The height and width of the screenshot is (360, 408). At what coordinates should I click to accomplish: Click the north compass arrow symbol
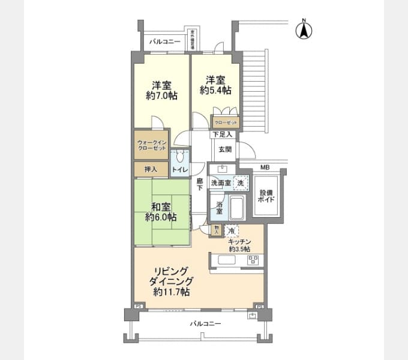click(304, 29)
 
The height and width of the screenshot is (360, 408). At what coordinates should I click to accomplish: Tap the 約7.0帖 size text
click(161, 95)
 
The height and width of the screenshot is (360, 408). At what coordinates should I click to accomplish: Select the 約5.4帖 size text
click(215, 91)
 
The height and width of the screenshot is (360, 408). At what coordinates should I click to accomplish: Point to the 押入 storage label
click(150, 170)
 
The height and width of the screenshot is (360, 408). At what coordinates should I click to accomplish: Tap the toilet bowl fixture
click(179, 157)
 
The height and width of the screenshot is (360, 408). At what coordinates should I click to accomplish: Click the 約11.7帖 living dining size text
click(172, 292)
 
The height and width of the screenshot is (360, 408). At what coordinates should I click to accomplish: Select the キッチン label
click(239, 241)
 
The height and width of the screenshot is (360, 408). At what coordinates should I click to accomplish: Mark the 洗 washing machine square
click(240, 182)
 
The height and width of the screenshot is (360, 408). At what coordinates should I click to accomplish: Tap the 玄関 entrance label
click(224, 149)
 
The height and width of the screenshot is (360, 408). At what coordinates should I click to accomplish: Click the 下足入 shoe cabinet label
click(221, 134)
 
